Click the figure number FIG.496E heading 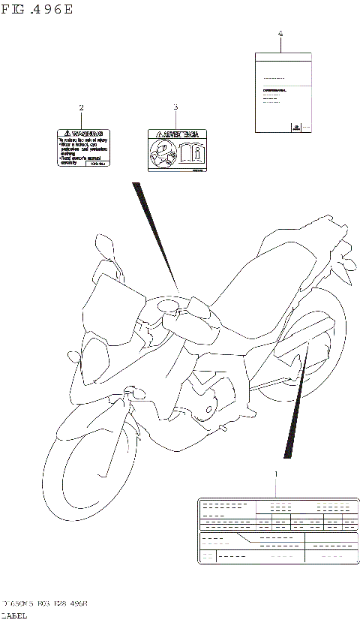pos(37,10)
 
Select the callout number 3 pos(175,107)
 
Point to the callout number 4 pos(280,34)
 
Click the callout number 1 pos(276,474)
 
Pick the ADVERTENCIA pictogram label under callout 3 pos(176,151)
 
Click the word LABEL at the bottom pos(15,615)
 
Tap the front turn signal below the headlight pos(136,391)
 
